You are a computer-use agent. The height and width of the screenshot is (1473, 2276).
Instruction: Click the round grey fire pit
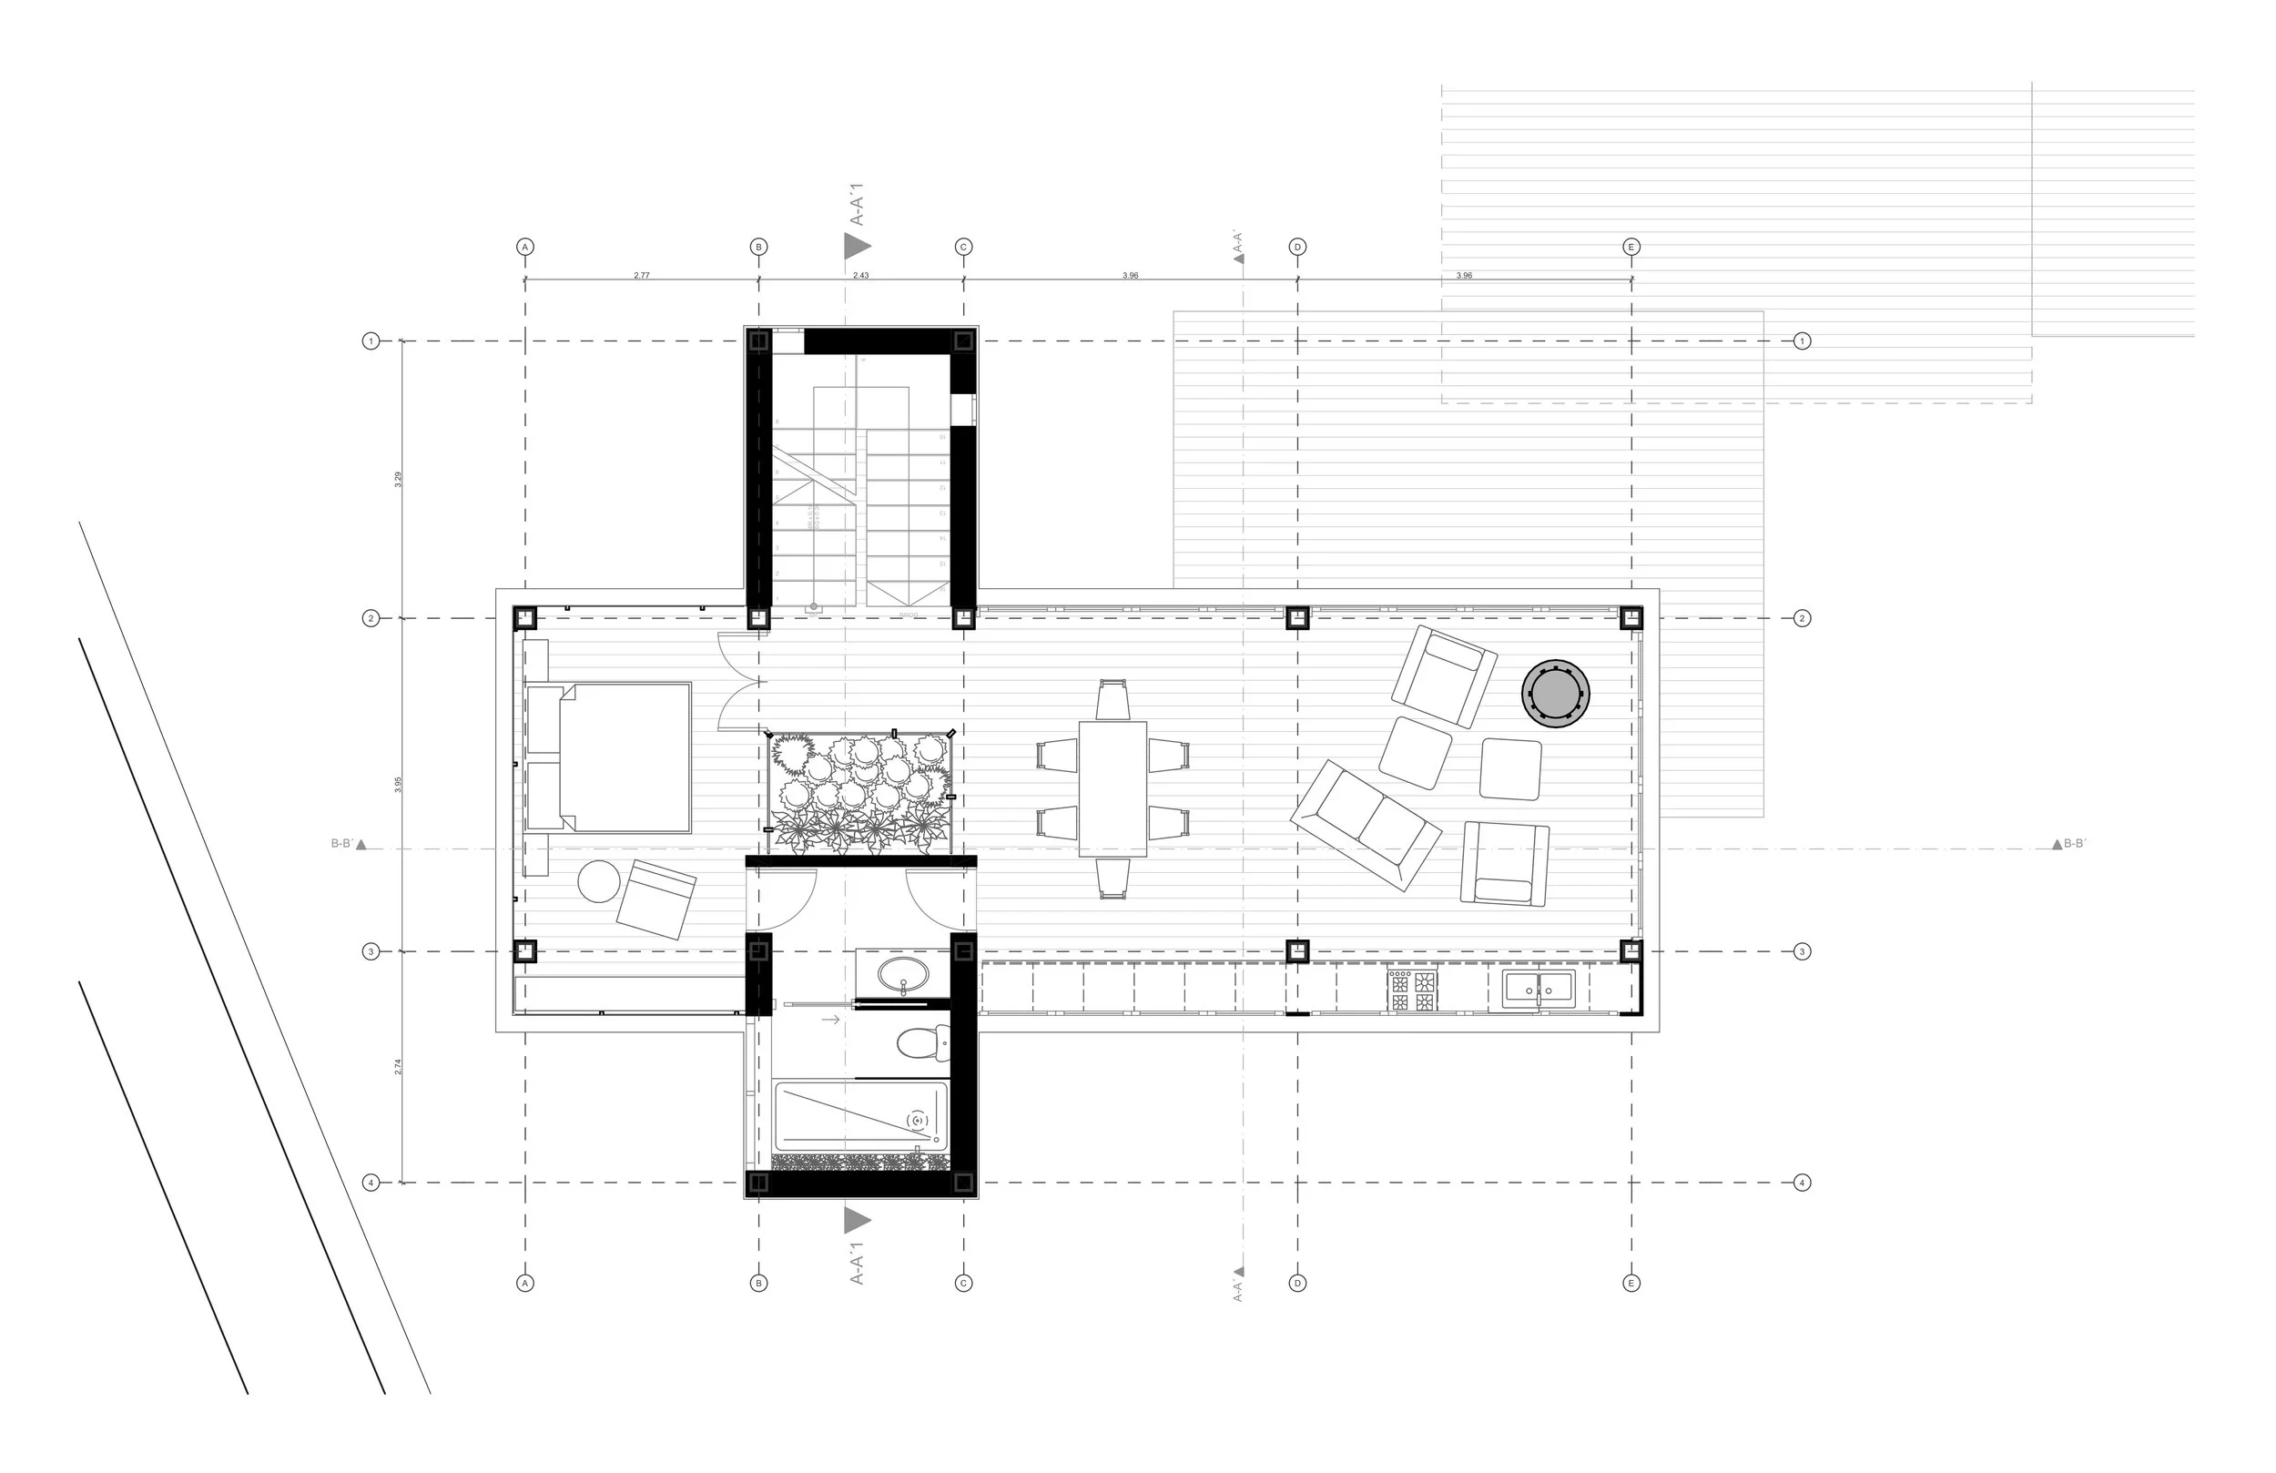tap(1555, 694)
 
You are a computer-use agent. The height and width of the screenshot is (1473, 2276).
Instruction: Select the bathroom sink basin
tap(903, 977)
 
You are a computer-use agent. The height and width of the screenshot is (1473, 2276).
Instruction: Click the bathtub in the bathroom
tap(859, 1116)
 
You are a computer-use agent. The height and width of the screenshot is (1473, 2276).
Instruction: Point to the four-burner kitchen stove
tap(1412, 990)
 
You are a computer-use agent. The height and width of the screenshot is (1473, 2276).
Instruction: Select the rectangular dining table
tap(1113, 788)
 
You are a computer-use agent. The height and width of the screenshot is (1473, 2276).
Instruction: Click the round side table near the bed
tap(599, 881)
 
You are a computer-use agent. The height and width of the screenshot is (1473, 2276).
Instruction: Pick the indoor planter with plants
tap(860, 792)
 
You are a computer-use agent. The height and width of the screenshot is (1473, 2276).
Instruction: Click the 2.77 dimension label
tap(641, 276)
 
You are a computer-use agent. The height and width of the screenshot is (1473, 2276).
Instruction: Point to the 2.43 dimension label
tap(860, 276)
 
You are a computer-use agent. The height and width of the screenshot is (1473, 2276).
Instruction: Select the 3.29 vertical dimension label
tap(399, 479)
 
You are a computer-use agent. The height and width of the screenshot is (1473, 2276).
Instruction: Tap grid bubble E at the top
tap(1631, 247)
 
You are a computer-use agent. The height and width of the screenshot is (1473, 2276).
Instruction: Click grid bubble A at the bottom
tap(524, 1283)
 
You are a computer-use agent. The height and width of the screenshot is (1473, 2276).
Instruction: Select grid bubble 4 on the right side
tap(1802, 1183)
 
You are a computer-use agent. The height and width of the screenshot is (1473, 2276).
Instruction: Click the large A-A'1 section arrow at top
tap(857, 246)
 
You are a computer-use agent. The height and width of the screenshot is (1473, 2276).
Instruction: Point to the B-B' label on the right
tap(2074, 844)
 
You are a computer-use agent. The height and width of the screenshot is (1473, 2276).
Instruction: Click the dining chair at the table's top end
tap(1113, 699)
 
